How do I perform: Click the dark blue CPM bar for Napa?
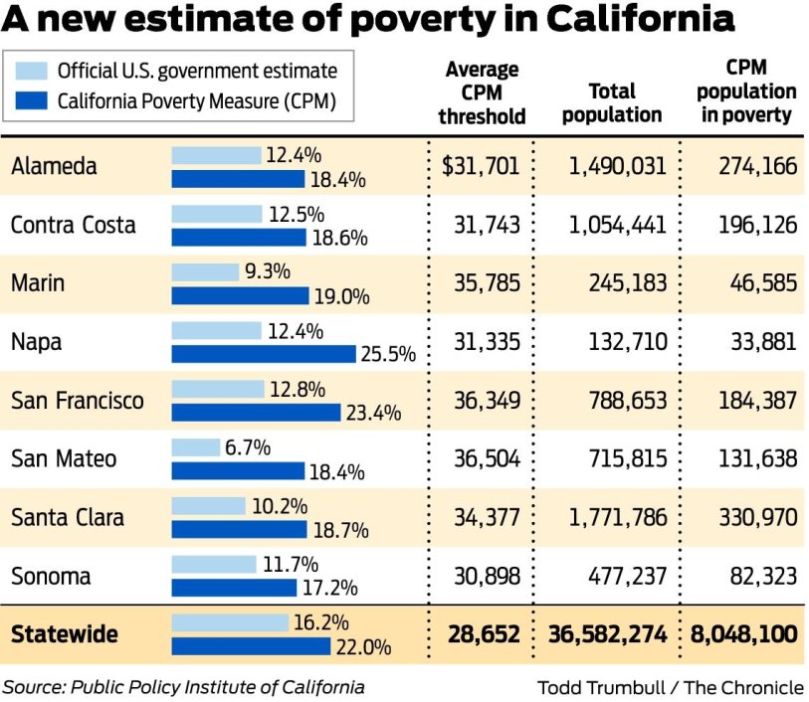click(263, 353)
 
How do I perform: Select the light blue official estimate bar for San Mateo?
click(195, 447)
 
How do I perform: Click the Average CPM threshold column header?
click(482, 92)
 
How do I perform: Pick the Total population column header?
click(611, 103)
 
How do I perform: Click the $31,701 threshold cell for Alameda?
click(481, 166)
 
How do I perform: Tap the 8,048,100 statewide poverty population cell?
click(745, 633)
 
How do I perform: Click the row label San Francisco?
click(78, 400)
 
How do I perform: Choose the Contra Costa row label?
click(73, 225)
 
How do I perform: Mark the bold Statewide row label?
click(65, 633)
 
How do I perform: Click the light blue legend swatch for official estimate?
click(32, 71)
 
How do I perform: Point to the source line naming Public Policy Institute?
click(183, 686)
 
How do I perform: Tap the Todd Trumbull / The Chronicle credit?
click(670, 687)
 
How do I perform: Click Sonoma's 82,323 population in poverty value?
click(757, 576)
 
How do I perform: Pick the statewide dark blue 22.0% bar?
click(250, 646)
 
